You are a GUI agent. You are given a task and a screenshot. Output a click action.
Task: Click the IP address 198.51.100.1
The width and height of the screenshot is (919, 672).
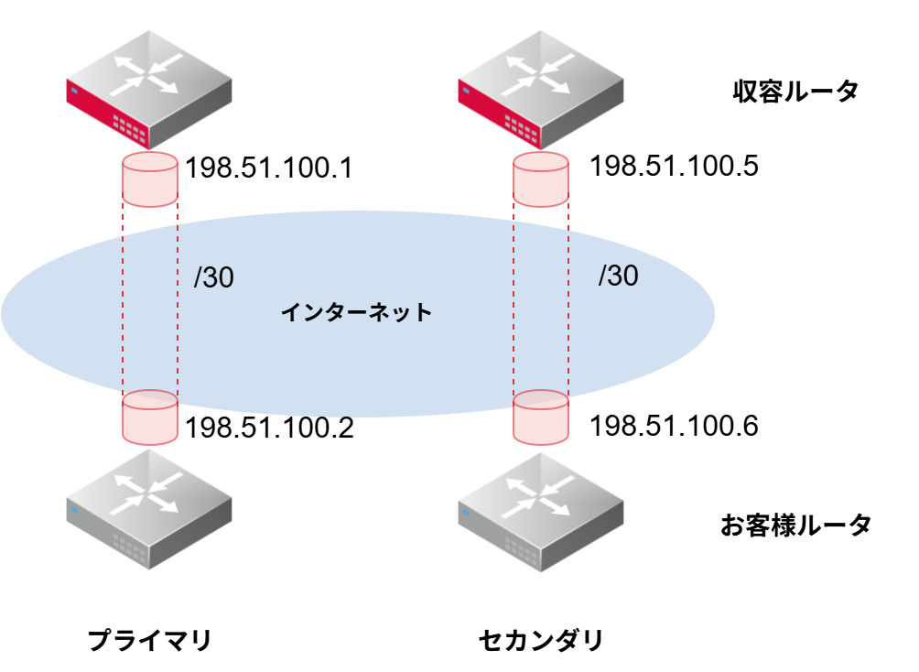pos(268,168)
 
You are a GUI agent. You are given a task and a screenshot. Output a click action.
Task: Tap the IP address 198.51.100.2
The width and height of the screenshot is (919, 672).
pos(269,428)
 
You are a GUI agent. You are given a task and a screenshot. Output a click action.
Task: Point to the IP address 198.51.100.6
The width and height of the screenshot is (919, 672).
pos(675,426)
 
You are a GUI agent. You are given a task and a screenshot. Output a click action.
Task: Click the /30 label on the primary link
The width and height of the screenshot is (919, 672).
pos(213,278)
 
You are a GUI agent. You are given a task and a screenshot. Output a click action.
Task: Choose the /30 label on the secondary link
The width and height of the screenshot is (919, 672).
pos(618,276)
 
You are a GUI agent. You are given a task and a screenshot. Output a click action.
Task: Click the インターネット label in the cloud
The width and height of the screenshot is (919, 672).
pos(356,313)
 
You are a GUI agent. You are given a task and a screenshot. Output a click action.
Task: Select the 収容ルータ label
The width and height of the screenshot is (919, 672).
pos(795,92)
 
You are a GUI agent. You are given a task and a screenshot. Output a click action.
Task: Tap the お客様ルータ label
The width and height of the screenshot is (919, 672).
pos(795,525)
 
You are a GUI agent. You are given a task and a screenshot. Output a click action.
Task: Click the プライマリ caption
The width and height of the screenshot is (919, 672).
pos(149,639)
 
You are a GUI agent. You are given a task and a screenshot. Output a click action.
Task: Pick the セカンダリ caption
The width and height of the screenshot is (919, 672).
pos(541,639)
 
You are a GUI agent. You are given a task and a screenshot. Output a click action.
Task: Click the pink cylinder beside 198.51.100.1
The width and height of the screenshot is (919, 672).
pos(149,179)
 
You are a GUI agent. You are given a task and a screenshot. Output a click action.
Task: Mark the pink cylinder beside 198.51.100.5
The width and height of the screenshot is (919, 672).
pos(541,179)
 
